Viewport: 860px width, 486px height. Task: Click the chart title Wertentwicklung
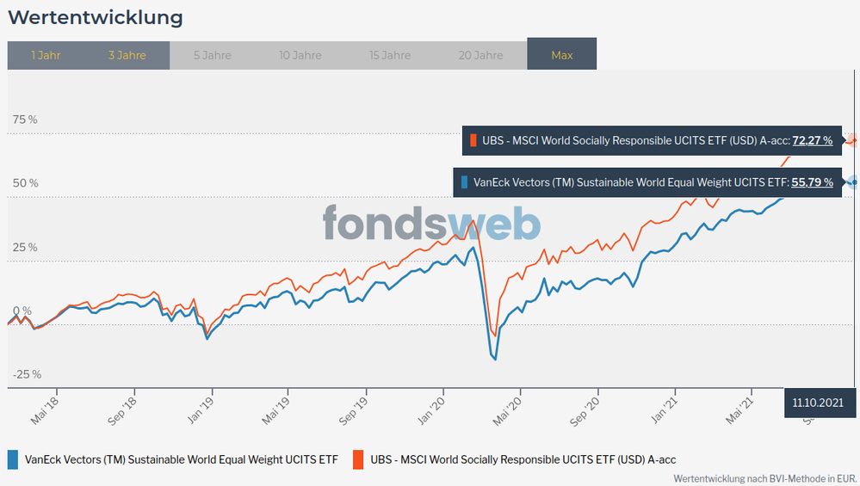pyautogui.click(x=95, y=17)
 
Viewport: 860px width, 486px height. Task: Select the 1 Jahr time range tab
pyautogui.click(x=46, y=55)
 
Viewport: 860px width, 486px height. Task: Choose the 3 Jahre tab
pyautogui.click(x=127, y=55)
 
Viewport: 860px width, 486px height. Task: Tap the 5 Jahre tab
pyautogui.click(x=212, y=55)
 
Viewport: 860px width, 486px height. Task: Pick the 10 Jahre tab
pyautogui.click(x=300, y=55)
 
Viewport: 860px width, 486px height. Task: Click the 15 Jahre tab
pyautogui.click(x=390, y=55)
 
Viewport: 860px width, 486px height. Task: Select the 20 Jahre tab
pyautogui.click(x=480, y=55)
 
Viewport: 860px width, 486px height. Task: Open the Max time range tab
pyautogui.click(x=562, y=55)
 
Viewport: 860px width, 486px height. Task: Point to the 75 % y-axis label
pyautogui.click(x=25, y=120)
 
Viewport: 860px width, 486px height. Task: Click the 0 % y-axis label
pyautogui.click(x=22, y=311)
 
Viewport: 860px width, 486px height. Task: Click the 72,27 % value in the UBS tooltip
pyautogui.click(x=812, y=140)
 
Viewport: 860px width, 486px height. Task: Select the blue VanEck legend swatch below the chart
pyautogui.click(x=12, y=459)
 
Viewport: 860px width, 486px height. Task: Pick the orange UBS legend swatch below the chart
pyautogui.click(x=357, y=459)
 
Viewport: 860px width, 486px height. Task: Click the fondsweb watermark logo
pyautogui.click(x=431, y=224)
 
